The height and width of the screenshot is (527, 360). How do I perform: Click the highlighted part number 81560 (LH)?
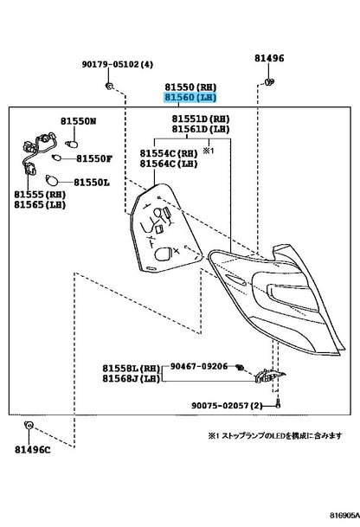[x=190, y=98]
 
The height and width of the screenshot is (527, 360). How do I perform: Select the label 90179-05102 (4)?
[x=118, y=64]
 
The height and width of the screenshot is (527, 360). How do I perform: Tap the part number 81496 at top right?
[x=269, y=58]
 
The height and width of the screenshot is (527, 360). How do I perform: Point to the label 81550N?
[x=79, y=121]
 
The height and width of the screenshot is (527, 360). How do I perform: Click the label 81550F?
[x=94, y=158]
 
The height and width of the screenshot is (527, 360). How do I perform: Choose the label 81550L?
[x=92, y=183]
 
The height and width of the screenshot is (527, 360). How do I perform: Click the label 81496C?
[x=33, y=450]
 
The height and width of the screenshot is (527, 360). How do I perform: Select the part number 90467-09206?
[x=199, y=366]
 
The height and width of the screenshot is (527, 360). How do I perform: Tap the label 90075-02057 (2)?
[x=227, y=406]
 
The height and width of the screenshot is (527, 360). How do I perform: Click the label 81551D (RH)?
[x=201, y=119]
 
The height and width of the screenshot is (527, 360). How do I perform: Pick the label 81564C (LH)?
[x=169, y=164]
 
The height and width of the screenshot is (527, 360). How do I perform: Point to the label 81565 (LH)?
[x=40, y=205]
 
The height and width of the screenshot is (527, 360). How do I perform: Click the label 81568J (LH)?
[x=131, y=378]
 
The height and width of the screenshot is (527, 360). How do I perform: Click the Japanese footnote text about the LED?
[x=275, y=436]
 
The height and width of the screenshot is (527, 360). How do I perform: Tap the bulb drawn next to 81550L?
[x=52, y=181]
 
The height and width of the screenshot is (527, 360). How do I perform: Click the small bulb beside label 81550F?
[x=56, y=157]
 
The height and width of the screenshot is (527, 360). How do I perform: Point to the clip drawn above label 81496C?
[x=29, y=425]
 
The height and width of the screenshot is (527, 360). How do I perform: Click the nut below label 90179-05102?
[x=109, y=86]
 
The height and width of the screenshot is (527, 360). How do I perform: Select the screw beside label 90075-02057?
[x=278, y=404]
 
